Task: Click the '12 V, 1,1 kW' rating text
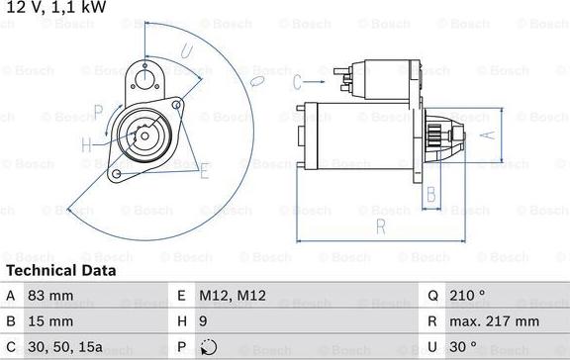(56, 7)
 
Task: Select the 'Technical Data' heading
(61, 271)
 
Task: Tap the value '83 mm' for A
(50, 296)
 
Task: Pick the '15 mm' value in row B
(50, 321)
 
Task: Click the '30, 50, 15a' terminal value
(65, 347)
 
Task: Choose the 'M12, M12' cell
(233, 296)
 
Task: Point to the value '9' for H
(203, 321)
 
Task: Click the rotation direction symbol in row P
(209, 347)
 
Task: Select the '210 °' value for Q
(467, 296)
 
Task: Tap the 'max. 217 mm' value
(495, 321)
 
